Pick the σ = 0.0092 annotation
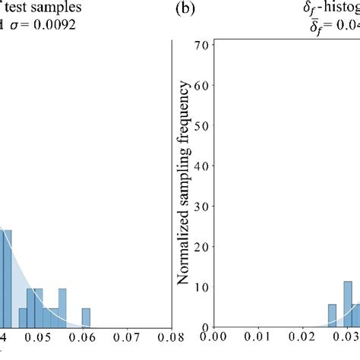[46, 23]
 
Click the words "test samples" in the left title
[38, 8]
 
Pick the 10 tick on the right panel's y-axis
[201, 287]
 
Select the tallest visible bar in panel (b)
[348, 305]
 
